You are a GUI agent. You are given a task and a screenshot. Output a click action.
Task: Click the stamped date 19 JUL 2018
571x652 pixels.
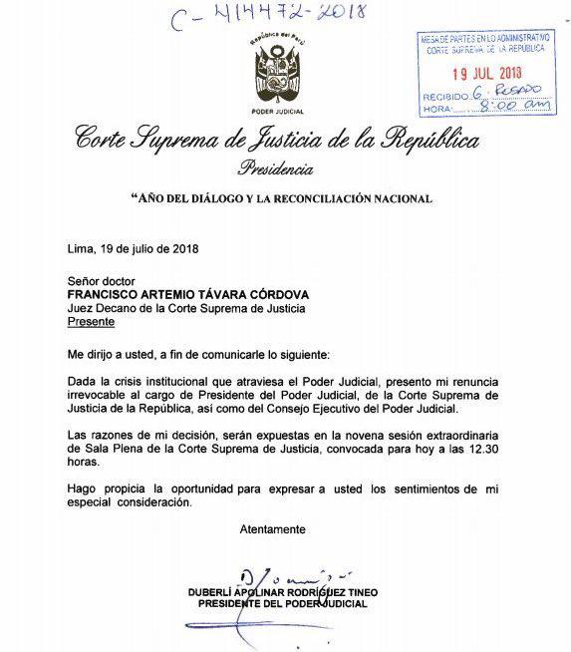coord(486,72)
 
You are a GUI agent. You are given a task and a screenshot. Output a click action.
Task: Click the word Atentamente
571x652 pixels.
coord(272,528)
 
